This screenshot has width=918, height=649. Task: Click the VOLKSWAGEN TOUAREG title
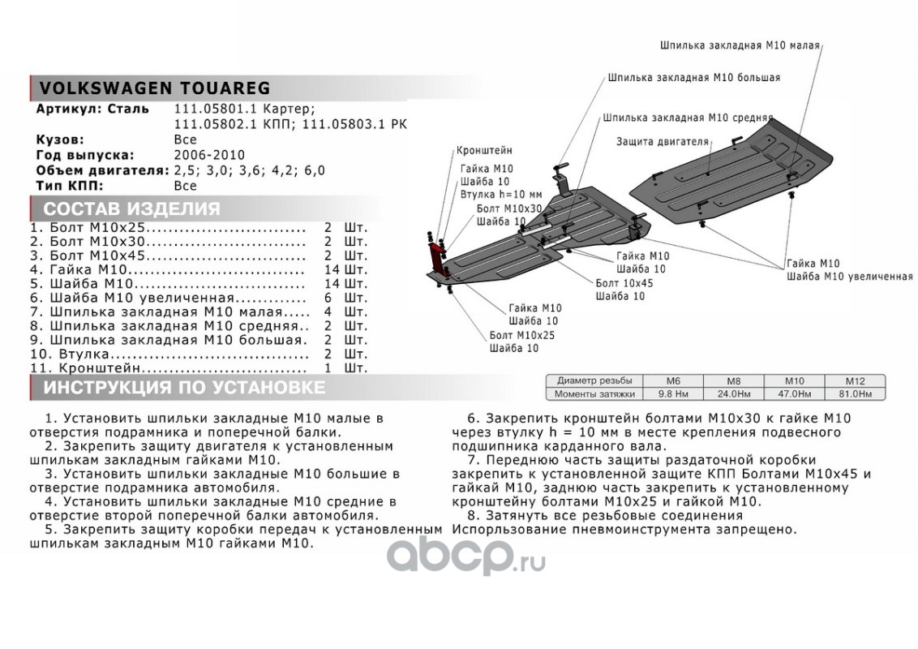click(155, 88)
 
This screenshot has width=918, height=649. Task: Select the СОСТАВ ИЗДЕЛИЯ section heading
click(131, 208)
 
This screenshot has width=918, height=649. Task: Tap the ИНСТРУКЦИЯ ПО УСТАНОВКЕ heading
click(183, 388)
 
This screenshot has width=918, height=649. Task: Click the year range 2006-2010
click(209, 155)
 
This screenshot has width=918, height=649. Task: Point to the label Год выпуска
click(84, 155)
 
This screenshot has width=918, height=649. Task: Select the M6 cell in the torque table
click(673, 380)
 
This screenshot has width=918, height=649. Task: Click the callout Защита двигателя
click(662, 140)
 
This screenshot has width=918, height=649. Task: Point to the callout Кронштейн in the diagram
click(484, 151)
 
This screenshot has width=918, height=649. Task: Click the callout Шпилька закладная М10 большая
click(693, 77)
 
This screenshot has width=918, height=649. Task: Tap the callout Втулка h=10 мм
click(500, 195)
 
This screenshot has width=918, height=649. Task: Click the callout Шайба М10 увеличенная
click(849, 276)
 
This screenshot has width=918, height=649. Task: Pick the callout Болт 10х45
click(624, 283)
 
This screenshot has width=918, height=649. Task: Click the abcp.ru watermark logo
click(465, 557)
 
